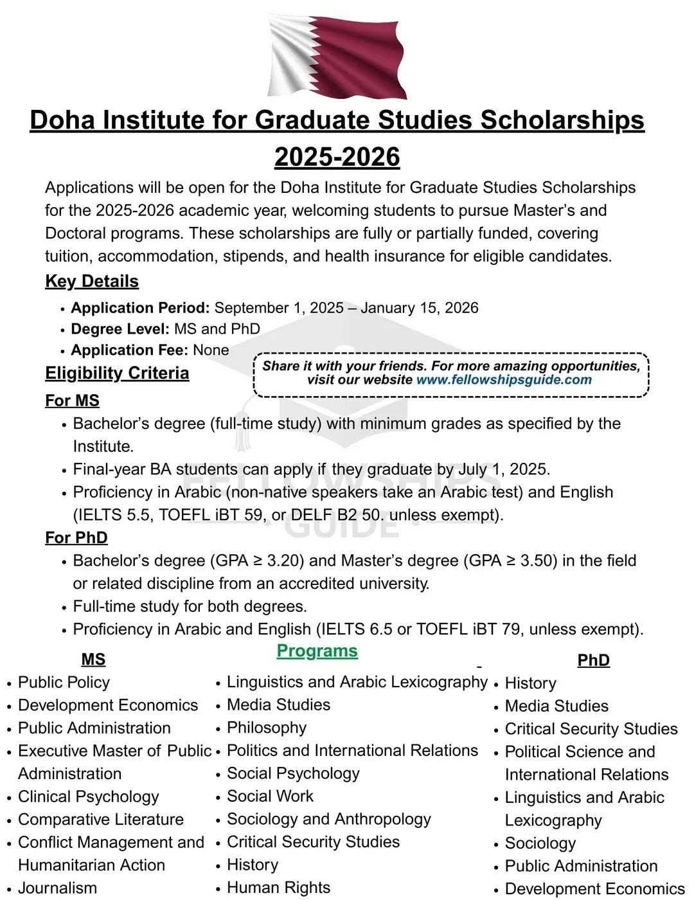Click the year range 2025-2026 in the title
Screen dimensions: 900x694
(337, 157)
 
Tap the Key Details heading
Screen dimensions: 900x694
(92, 282)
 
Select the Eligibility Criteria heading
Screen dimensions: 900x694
(117, 373)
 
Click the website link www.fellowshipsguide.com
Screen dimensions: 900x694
(504, 379)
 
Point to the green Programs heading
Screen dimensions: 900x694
(317, 651)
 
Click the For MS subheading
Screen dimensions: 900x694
(72, 401)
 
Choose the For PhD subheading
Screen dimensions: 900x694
(76, 537)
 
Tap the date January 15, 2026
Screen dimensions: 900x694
(419, 308)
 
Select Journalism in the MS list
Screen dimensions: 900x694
(57, 888)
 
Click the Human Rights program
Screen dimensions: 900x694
(278, 887)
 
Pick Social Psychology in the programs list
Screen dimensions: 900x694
(293, 773)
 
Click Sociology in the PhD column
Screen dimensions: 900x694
(540, 843)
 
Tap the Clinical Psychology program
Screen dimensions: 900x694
(88, 797)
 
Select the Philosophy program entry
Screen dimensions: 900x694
(266, 727)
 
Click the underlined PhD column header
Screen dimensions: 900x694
(593, 660)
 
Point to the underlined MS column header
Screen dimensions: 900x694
(93, 660)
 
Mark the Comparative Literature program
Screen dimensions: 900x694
(100, 819)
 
